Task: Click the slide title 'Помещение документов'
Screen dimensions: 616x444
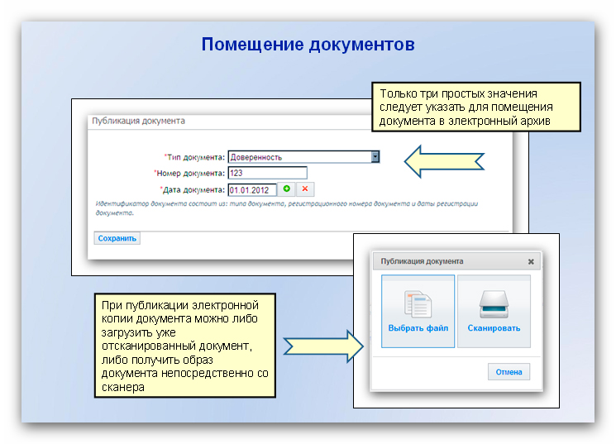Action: (x=308, y=45)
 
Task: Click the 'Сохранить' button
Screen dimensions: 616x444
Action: (x=117, y=238)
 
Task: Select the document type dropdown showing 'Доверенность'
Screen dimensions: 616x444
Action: (x=303, y=157)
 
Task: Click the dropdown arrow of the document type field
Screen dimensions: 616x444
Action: (x=375, y=157)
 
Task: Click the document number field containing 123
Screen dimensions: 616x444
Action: (x=268, y=173)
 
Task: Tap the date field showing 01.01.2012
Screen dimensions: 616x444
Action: (x=252, y=190)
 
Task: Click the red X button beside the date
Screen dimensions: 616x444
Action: (x=305, y=189)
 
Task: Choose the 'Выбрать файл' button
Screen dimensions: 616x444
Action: (x=418, y=311)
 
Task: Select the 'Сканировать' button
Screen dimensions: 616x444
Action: (x=494, y=311)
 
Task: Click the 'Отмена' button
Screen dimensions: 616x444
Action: (x=509, y=372)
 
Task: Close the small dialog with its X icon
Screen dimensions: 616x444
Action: (x=531, y=261)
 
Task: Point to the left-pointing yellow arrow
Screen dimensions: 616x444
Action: (x=444, y=161)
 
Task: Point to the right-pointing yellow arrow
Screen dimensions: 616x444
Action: (x=323, y=346)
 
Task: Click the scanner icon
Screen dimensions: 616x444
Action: (x=494, y=303)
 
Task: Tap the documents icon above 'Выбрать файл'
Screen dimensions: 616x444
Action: (x=418, y=303)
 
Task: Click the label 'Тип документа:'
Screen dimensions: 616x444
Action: (x=194, y=157)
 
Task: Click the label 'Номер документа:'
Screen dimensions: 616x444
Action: (x=189, y=174)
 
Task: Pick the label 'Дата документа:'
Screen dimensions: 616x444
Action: (x=193, y=190)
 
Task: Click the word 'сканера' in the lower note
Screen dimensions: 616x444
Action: (x=123, y=388)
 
